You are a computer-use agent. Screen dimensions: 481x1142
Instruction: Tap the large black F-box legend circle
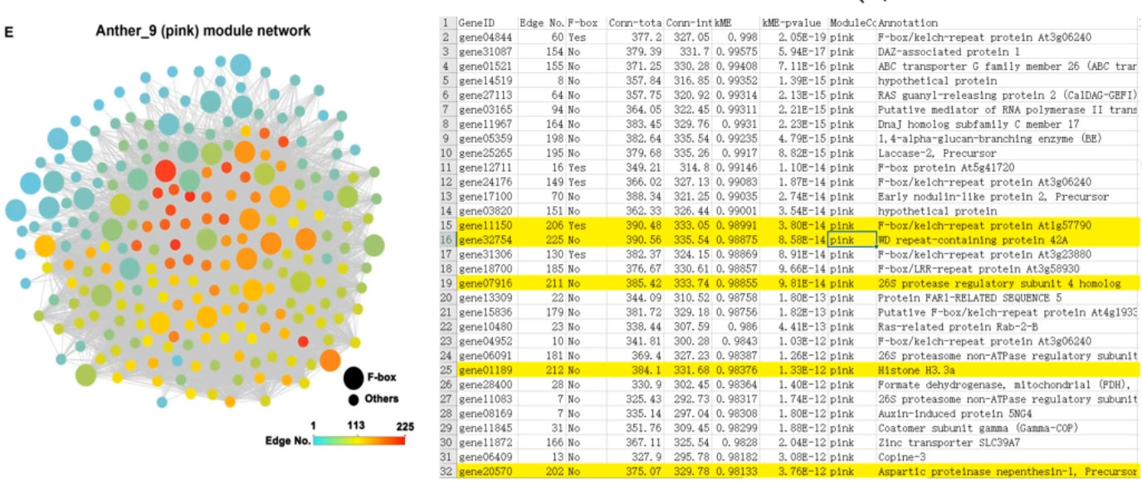(x=353, y=379)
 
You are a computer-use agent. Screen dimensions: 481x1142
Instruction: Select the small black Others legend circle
(x=353, y=400)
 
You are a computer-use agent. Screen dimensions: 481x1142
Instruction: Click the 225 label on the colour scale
(x=405, y=425)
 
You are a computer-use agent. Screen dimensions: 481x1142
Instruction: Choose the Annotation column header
(x=908, y=23)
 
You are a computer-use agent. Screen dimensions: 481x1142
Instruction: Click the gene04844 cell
(x=480, y=37)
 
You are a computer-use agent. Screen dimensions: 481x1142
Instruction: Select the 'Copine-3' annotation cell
(x=900, y=459)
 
